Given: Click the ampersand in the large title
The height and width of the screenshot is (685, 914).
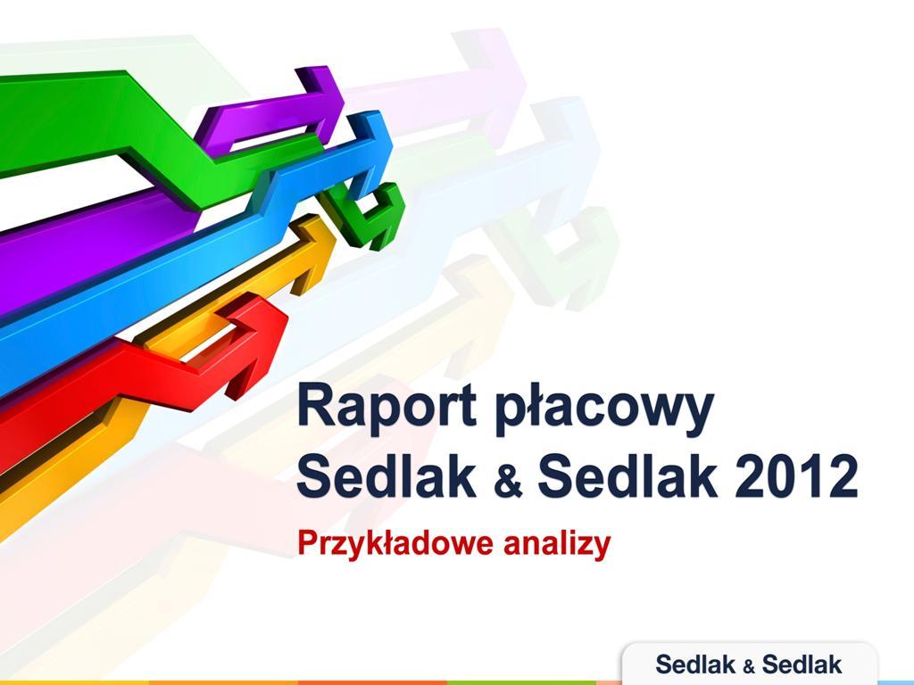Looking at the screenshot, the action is (x=508, y=482).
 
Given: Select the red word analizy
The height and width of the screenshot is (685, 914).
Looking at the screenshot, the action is (x=557, y=542).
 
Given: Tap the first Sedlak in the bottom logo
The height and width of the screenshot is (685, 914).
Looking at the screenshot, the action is (x=694, y=664).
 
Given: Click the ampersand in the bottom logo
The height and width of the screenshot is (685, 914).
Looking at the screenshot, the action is (x=748, y=666).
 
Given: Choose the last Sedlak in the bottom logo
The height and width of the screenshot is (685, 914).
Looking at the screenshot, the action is (x=802, y=664).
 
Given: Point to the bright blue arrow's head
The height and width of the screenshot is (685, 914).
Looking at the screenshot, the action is (x=370, y=153).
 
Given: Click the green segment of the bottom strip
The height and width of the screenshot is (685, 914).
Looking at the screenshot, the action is (x=521, y=682).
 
